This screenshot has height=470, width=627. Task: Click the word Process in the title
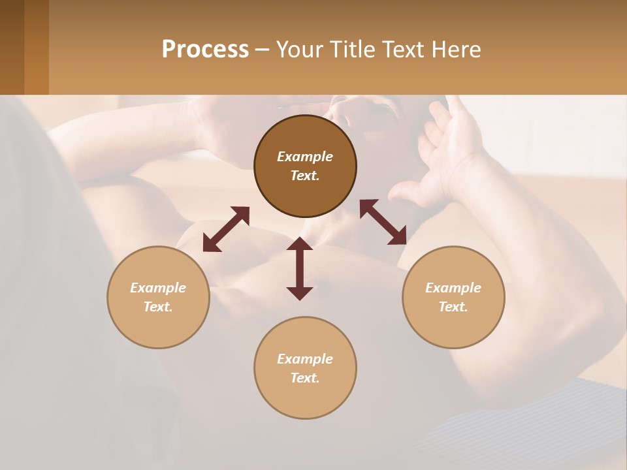[205, 50]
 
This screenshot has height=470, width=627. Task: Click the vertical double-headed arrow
[300, 268]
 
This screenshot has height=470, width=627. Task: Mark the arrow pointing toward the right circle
[383, 222]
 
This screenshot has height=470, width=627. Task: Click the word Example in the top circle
[305, 157]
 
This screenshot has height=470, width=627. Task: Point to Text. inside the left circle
[158, 307]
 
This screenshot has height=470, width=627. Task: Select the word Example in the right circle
[453, 288]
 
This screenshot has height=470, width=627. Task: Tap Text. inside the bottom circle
[305, 378]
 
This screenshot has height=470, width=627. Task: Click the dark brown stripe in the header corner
[12, 47]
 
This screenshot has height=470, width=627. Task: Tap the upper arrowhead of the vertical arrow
[300, 243]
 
